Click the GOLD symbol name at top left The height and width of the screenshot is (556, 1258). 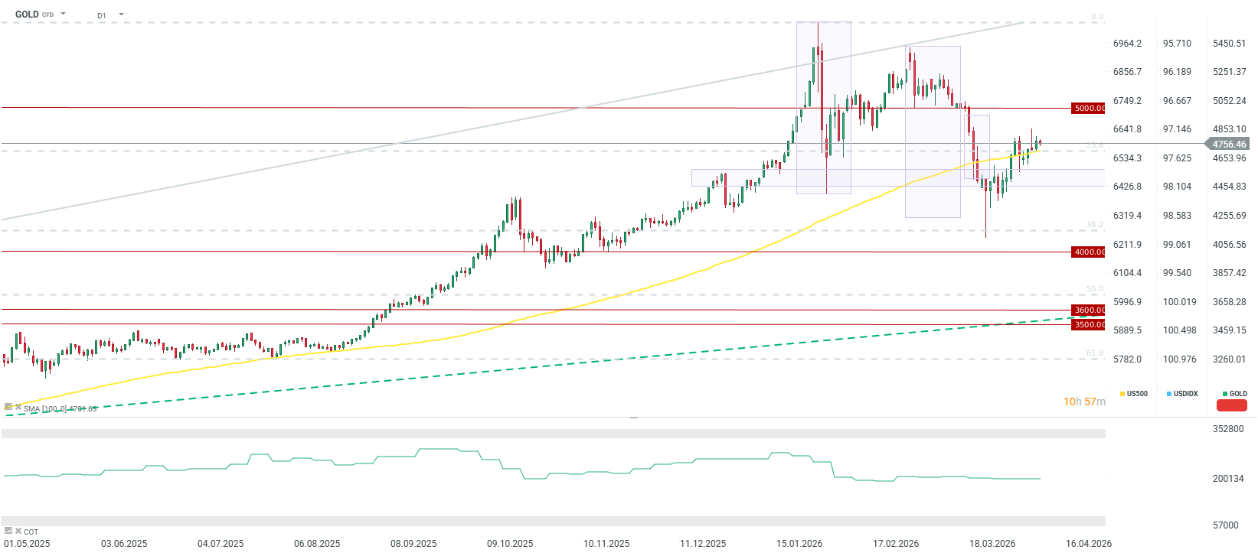[27, 15]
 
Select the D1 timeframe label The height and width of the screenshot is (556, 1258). [102, 15]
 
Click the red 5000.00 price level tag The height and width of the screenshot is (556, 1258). [1089, 109]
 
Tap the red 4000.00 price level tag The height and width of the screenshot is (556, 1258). [1089, 252]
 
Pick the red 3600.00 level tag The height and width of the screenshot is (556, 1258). [1089, 311]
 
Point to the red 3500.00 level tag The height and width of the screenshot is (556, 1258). [1089, 325]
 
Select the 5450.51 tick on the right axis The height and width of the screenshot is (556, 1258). [1229, 44]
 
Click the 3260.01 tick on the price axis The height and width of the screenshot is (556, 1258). [1229, 359]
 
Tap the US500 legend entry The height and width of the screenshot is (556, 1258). [1136, 394]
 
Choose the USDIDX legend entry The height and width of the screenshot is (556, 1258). [1184, 394]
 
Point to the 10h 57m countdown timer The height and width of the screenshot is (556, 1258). [1084, 402]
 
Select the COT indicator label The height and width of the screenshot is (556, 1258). [31, 532]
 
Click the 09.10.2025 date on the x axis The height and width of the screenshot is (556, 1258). [510, 544]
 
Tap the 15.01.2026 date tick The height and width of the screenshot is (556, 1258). [799, 544]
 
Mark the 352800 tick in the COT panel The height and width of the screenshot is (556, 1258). [1228, 429]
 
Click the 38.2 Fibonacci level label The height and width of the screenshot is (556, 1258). [1095, 225]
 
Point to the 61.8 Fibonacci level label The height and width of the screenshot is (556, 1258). [1095, 353]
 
